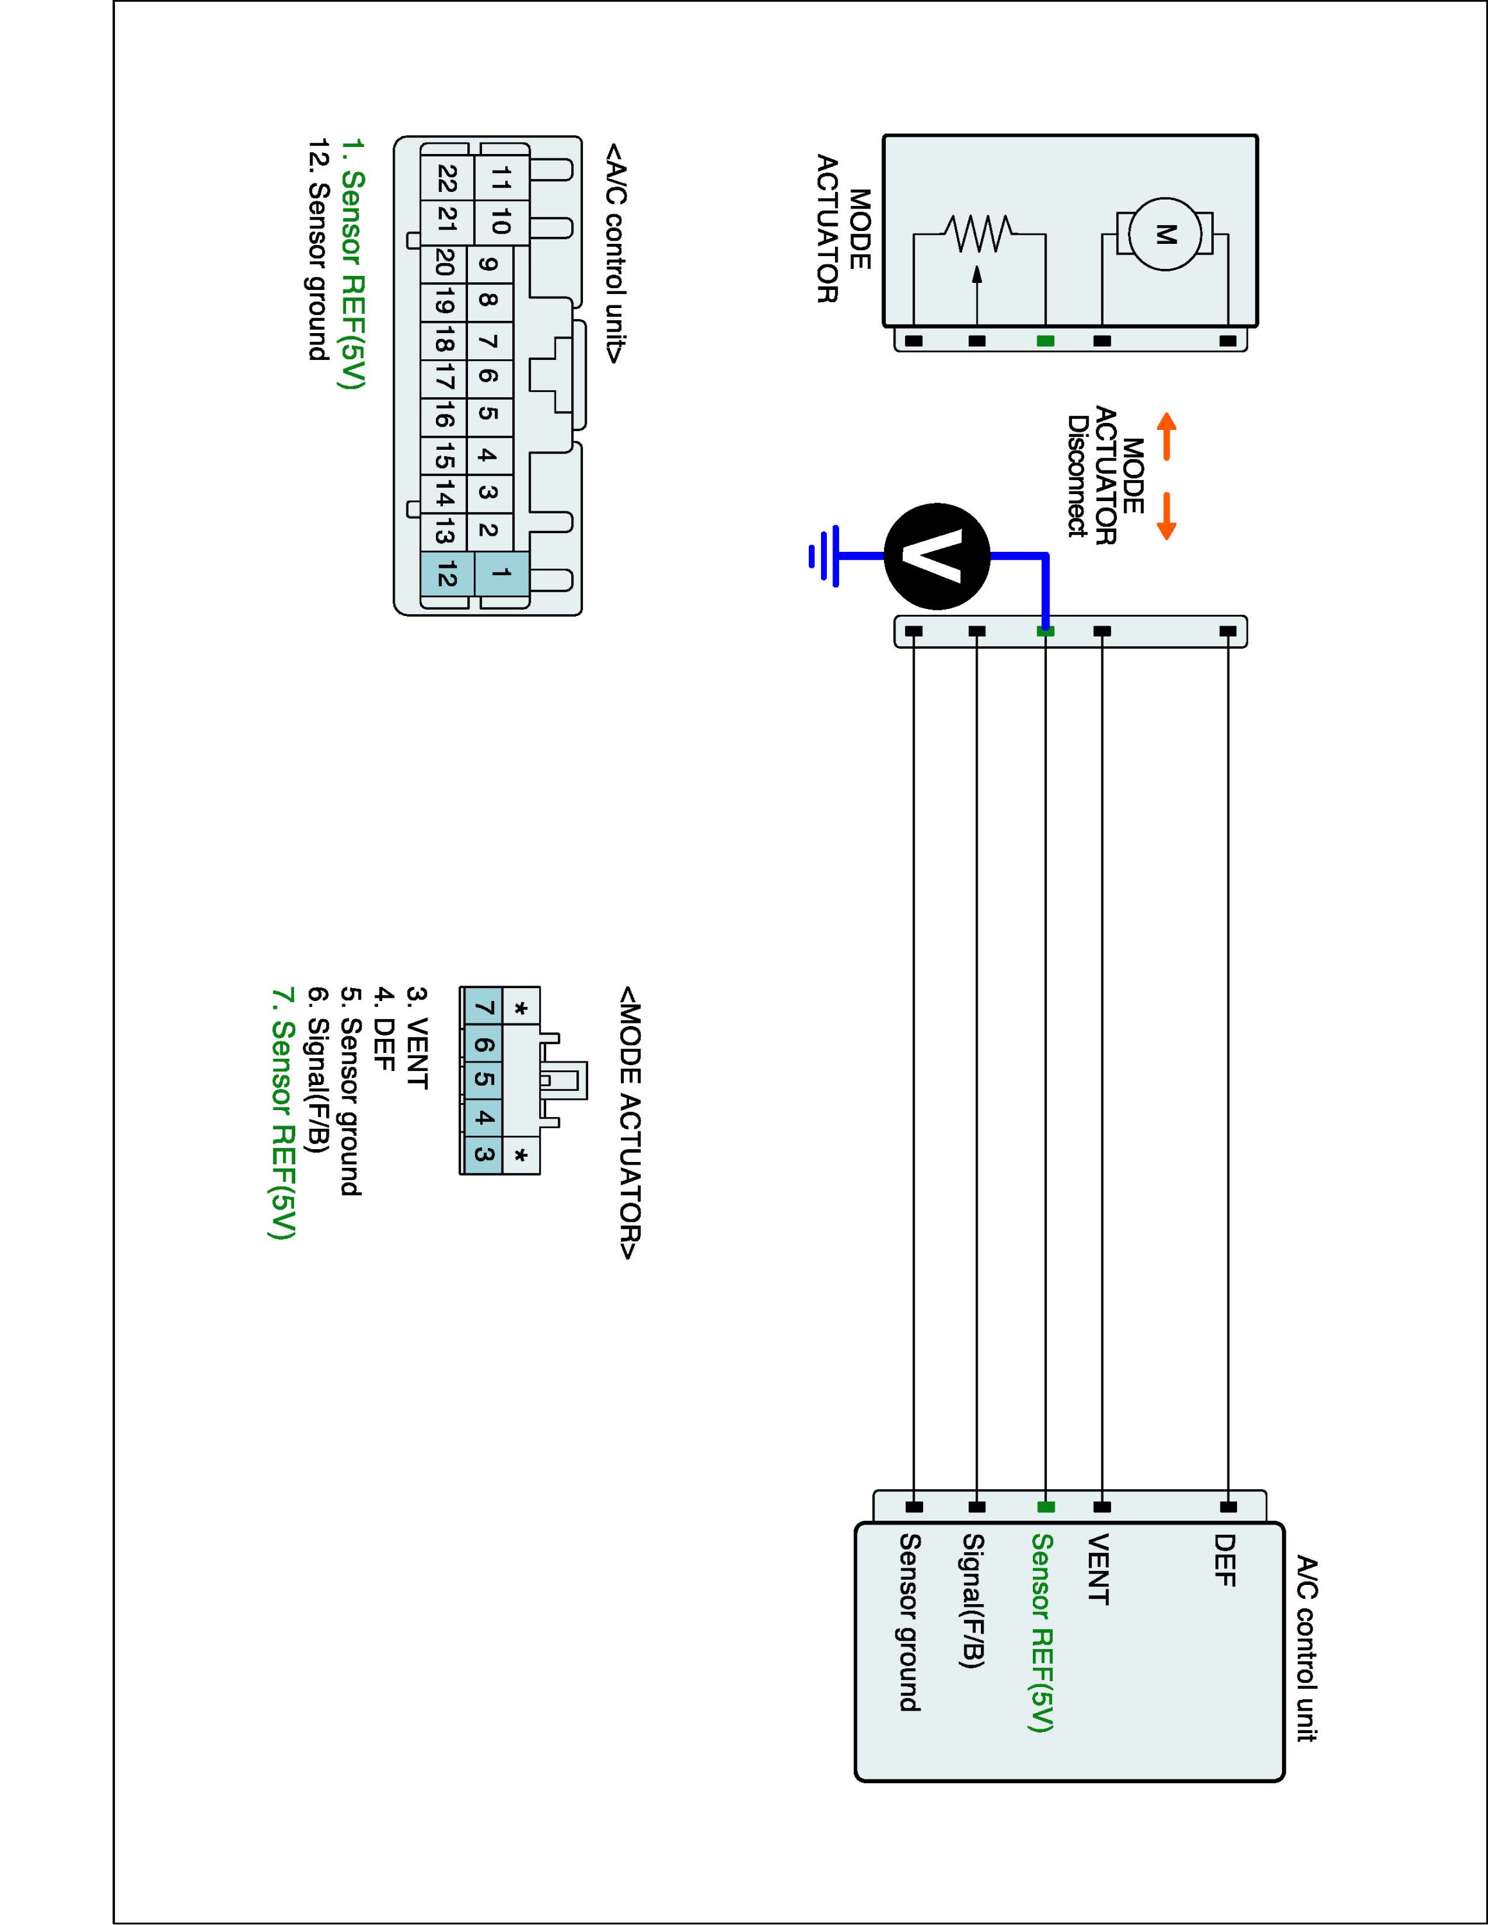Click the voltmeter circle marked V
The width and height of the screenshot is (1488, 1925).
tap(937, 556)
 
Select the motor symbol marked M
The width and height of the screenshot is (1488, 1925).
tap(1165, 234)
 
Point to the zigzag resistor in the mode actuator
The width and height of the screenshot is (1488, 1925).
tap(978, 234)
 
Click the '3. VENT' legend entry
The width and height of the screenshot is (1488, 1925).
tap(416, 1038)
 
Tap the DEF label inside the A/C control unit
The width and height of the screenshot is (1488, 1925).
tap(1224, 1559)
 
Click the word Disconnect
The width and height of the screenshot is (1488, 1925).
tap(1077, 476)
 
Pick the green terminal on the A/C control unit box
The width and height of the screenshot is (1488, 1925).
tap(1046, 1507)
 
